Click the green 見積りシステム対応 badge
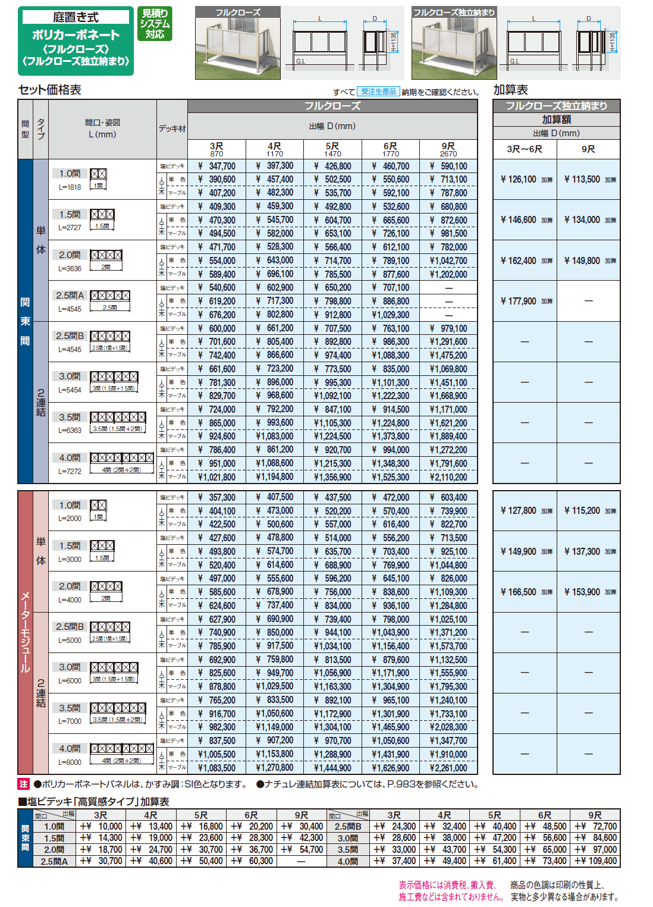(155, 24)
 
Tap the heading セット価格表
(50, 90)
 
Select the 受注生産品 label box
(378, 92)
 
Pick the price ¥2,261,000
(448, 768)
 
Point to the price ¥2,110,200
(448, 477)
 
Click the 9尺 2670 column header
(448, 149)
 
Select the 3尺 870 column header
(216, 149)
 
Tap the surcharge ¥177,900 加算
(526, 301)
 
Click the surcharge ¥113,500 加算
(589, 179)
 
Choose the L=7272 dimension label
(70, 471)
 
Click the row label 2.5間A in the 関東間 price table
(70, 295)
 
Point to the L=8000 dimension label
(70, 762)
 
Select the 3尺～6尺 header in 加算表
(525, 149)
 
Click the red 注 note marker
(24, 784)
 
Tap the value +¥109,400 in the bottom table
(595, 861)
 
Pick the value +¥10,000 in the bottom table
(102, 826)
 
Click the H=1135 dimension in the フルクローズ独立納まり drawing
(613, 41)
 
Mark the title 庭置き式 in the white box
(76, 17)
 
